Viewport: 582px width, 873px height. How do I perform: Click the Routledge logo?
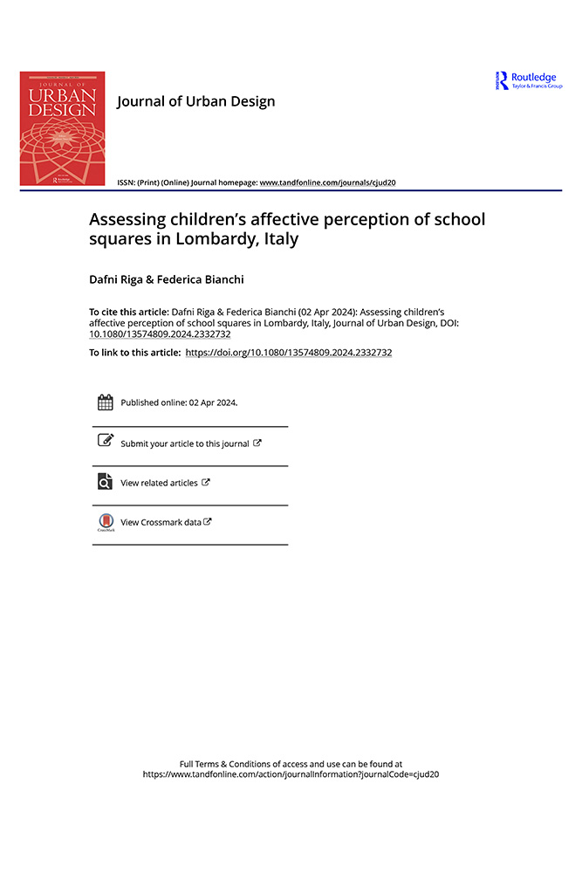click(x=529, y=80)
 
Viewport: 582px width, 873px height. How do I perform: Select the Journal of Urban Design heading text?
click(x=195, y=101)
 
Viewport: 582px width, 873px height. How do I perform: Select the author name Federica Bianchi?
click(x=202, y=279)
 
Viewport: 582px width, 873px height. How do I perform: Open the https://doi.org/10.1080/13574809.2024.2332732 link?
click(x=289, y=353)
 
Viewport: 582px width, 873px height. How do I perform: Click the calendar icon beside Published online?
click(x=105, y=402)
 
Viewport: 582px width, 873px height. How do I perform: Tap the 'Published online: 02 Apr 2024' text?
click(x=179, y=403)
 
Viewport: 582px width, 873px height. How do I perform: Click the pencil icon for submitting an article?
click(x=105, y=441)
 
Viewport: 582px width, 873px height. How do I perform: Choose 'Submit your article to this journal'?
click(x=185, y=443)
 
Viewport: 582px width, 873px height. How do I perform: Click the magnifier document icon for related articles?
click(x=105, y=481)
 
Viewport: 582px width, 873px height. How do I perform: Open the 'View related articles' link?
click(x=159, y=483)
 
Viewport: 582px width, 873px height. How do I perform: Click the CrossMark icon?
click(x=105, y=521)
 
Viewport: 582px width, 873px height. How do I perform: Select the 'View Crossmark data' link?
click(x=161, y=522)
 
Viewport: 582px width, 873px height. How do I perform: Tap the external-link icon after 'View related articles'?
click(x=206, y=482)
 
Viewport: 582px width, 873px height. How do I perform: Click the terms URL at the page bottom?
click(x=291, y=774)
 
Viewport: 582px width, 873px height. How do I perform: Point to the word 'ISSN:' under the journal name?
click(x=127, y=182)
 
